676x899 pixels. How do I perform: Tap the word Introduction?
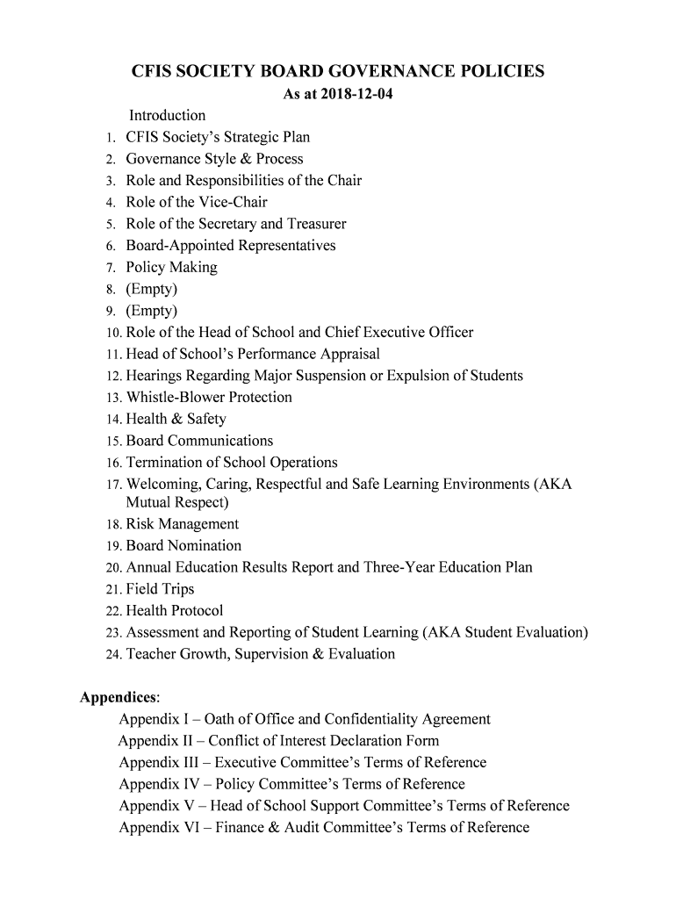pos(167,116)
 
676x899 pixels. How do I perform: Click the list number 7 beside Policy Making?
pos(110,268)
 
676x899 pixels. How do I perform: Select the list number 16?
pos(113,463)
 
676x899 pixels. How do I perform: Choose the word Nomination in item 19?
pos(204,545)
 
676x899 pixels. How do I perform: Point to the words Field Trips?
pos(160,589)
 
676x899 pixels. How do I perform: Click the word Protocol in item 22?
pos(197,611)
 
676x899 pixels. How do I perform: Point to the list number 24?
pos(113,654)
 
